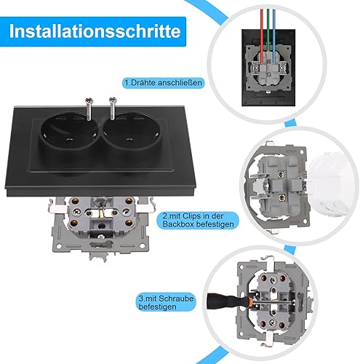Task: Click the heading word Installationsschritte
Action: [x=95, y=31]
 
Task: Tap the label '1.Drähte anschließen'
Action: [x=163, y=82]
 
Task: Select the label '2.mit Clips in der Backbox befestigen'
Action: [x=198, y=220]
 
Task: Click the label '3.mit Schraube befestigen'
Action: [x=166, y=302]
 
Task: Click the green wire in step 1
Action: [x=268, y=29]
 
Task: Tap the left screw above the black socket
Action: [x=89, y=108]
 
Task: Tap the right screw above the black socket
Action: [x=113, y=108]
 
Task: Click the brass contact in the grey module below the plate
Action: [x=102, y=214]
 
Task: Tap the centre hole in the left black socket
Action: [x=70, y=140]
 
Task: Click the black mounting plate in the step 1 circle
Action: [x=268, y=68]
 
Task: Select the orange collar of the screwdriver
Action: [x=252, y=301]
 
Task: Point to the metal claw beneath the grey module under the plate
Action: [x=99, y=256]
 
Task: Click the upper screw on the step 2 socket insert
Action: [x=281, y=174]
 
